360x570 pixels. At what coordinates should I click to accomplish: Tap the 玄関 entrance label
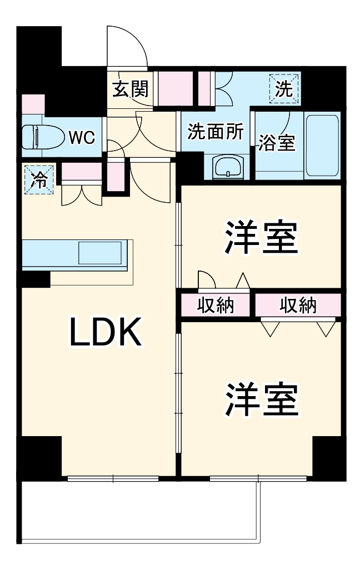pyautogui.click(x=131, y=89)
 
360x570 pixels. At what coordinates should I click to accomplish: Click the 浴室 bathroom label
pyautogui.click(x=277, y=142)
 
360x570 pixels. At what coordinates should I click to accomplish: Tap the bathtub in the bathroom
pyautogui.click(x=322, y=145)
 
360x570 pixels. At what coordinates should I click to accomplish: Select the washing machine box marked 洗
pyautogui.click(x=284, y=89)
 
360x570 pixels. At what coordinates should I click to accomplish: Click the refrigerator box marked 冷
pyautogui.click(x=39, y=179)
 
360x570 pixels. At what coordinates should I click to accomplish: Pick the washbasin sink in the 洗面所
pyautogui.click(x=228, y=166)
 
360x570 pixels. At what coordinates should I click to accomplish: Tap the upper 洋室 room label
pyautogui.click(x=259, y=238)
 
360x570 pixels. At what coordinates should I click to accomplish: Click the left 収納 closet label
pyautogui.click(x=216, y=305)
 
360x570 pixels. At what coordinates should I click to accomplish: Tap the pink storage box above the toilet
pyautogui.click(x=33, y=104)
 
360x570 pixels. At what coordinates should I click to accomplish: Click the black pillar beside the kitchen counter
pyautogui.click(x=36, y=278)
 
